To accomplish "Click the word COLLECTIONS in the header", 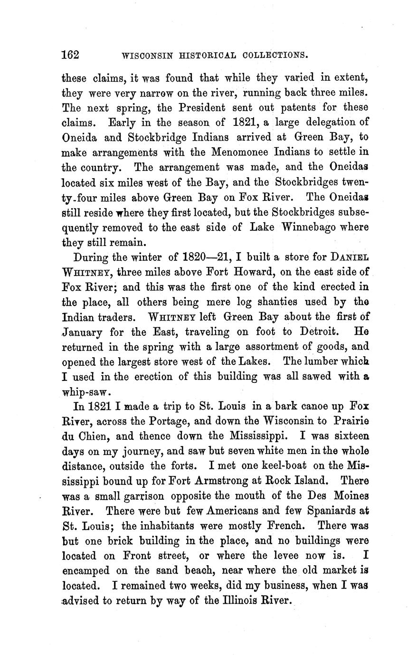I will [x=275, y=55].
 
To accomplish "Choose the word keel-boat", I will [x=279, y=466].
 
